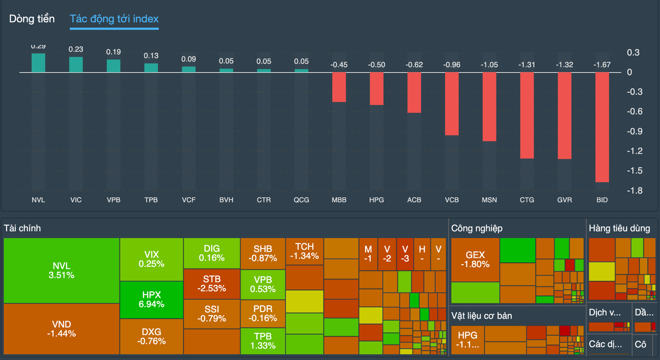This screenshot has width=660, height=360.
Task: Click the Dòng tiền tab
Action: click(32, 19)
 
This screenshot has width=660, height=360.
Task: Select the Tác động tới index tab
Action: click(114, 19)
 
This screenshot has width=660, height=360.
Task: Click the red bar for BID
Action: click(602, 127)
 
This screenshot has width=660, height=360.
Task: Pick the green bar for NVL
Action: click(38, 63)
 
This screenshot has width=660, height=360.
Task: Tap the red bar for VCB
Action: click(452, 104)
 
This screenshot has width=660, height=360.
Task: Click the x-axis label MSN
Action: click(489, 200)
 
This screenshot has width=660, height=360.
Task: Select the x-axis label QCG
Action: click(302, 200)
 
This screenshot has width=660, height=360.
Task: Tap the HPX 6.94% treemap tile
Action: click(151, 299)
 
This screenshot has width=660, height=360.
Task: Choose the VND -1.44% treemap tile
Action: click(61, 329)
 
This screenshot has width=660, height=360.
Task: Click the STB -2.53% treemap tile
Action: click(212, 284)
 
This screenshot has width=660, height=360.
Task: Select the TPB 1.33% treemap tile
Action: click(263, 341)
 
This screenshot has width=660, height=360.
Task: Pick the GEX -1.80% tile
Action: click(475, 259)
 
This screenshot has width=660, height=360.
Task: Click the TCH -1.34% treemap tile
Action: click(304, 251)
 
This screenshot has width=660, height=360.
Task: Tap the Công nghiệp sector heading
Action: click(477, 228)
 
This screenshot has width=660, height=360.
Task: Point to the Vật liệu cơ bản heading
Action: click(481, 316)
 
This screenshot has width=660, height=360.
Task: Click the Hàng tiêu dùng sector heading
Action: click(619, 228)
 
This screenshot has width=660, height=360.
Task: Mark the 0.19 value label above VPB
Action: click(113, 52)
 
